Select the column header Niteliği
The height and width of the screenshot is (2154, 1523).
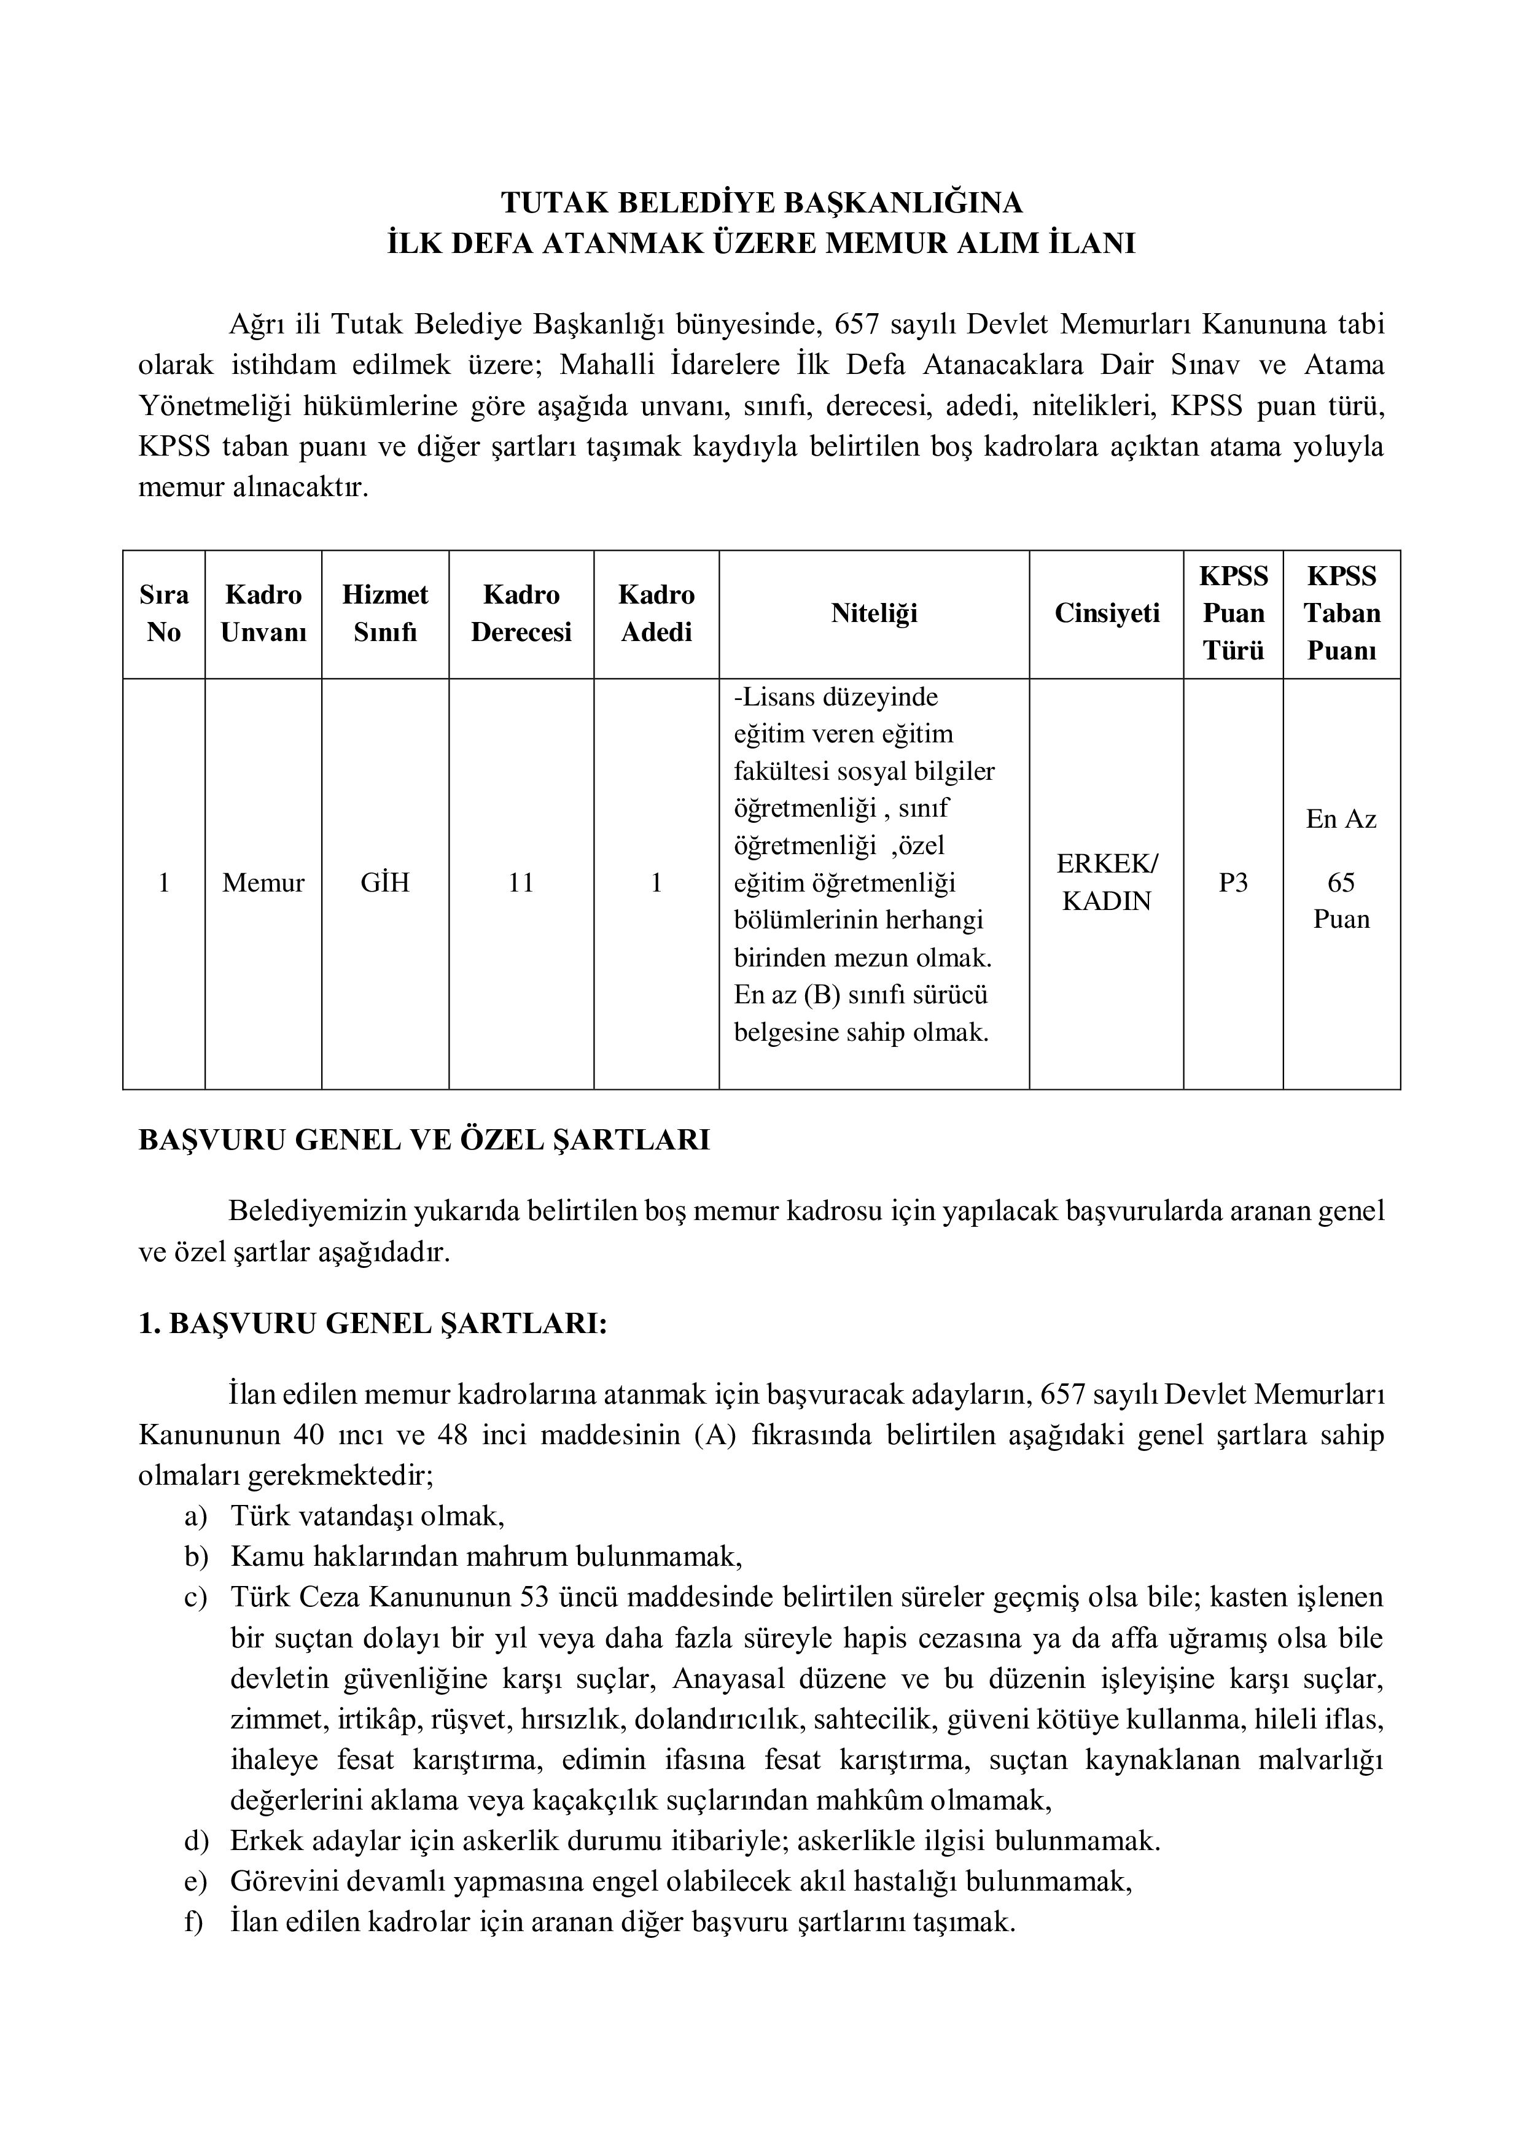point(874,613)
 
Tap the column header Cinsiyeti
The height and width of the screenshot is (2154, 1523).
point(1107,613)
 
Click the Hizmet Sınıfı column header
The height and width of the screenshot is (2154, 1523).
point(384,613)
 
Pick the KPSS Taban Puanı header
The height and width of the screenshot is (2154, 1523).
point(1341,613)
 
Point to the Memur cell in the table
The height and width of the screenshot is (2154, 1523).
point(263,883)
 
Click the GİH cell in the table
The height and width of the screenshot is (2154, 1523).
point(384,883)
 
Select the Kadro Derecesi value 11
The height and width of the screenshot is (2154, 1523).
point(521,883)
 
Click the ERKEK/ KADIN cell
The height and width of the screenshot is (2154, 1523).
point(1107,883)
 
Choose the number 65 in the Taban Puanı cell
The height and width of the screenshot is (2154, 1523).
point(1341,883)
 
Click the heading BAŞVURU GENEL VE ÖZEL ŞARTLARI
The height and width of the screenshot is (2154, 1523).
point(424,1140)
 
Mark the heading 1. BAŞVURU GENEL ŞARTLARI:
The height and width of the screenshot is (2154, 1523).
point(373,1324)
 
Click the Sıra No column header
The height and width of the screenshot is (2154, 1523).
point(163,613)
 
